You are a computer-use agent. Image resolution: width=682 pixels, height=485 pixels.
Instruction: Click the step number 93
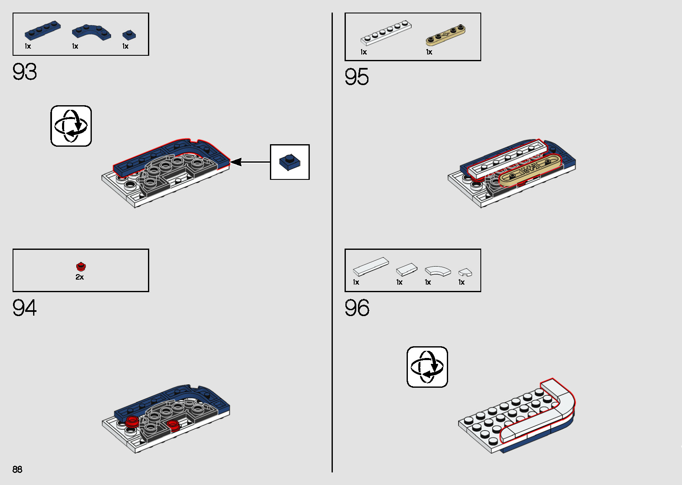coord(24,72)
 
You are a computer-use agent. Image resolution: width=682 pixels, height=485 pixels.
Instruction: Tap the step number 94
coord(24,308)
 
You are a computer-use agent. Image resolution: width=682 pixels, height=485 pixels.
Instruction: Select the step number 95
coord(357,77)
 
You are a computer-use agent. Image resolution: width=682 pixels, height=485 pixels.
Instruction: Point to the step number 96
coord(357,308)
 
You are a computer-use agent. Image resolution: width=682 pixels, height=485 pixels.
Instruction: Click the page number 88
coord(17,469)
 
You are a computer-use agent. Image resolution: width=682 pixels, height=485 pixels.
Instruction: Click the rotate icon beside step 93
coord(71,126)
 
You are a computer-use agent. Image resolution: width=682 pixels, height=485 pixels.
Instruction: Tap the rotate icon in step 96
coord(427,366)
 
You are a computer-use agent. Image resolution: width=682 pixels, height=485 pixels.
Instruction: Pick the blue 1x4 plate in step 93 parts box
coord(43,31)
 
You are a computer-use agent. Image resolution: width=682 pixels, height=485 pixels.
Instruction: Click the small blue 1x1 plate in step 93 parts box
coord(129,35)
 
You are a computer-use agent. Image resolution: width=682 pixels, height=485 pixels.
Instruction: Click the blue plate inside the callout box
coord(290,162)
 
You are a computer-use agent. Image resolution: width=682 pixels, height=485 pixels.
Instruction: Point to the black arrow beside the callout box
coord(250,162)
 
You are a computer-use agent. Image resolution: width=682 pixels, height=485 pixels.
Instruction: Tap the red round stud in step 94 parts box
coord(80,267)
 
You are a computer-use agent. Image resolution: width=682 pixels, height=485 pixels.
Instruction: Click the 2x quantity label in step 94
coord(80,277)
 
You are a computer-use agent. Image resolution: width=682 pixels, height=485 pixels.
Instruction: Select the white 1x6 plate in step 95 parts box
coord(386,33)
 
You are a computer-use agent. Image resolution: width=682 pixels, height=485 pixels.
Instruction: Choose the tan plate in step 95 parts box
coord(446,35)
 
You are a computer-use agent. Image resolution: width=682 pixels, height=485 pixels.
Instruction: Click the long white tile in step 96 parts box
coord(371,267)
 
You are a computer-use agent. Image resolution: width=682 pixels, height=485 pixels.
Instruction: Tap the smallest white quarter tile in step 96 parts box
coord(465,272)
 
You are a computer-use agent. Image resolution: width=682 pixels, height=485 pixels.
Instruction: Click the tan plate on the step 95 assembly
coord(530,171)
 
